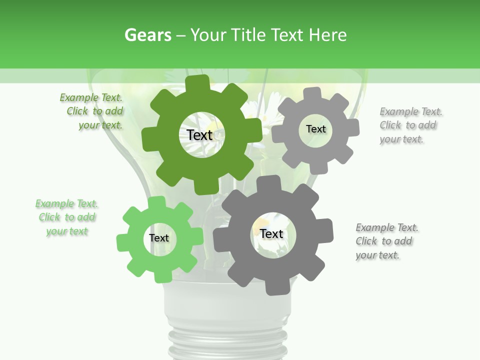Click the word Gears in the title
pyautogui.click(x=148, y=35)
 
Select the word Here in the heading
pyautogui.click(x=327, y=35)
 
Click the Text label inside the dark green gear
pyautogui.click(x=200, y=135)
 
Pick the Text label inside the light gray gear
pyautogui.click(x=315, y=129)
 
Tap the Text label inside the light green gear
pyautogui.click(x=159, y=238)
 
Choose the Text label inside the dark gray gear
pyautogui.click(x=271, y=233)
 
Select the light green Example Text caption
pyautogui.click(x=66, y=217)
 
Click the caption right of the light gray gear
pyautogui.click(x=411, y=125)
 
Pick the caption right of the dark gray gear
pyautogui.click(x=387, y=241)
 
